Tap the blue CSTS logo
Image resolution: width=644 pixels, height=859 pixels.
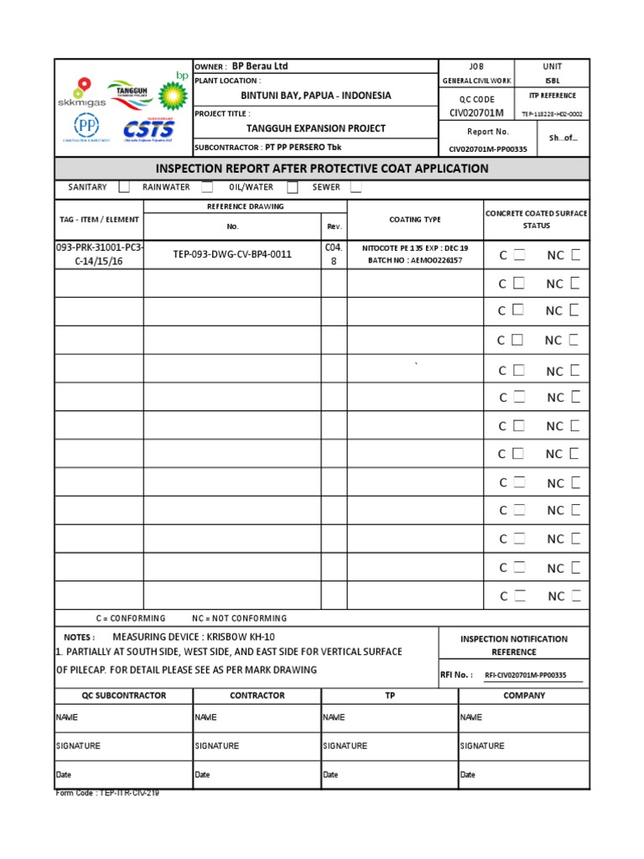point(149,129)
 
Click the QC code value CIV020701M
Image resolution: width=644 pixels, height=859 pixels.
point(477,112)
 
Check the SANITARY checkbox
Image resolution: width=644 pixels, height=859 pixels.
point(124,187)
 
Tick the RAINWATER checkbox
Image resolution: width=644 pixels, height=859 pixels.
point(207,187)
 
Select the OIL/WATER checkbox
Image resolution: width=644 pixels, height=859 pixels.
point(293,187)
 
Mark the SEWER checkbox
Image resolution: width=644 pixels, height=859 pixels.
point(356,187)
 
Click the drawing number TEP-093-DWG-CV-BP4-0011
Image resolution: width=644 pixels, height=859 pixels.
point(232,254)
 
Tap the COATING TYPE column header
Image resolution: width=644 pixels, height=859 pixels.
point(414,220)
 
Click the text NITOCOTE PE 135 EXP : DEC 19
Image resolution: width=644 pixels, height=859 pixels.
point(415,248)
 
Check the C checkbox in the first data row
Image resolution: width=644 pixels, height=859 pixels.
point(519,255)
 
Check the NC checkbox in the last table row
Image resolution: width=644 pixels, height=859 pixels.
point(574,596)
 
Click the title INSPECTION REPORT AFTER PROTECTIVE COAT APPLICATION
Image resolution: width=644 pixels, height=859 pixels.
point(322,169)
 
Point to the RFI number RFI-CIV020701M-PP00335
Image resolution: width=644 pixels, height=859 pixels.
point(526,674)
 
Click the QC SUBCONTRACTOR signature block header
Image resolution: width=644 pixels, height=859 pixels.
point(124,695)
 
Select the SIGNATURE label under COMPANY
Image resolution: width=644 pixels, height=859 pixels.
point(481,746)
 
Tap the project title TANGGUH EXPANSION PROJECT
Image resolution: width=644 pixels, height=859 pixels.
point(315,128)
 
